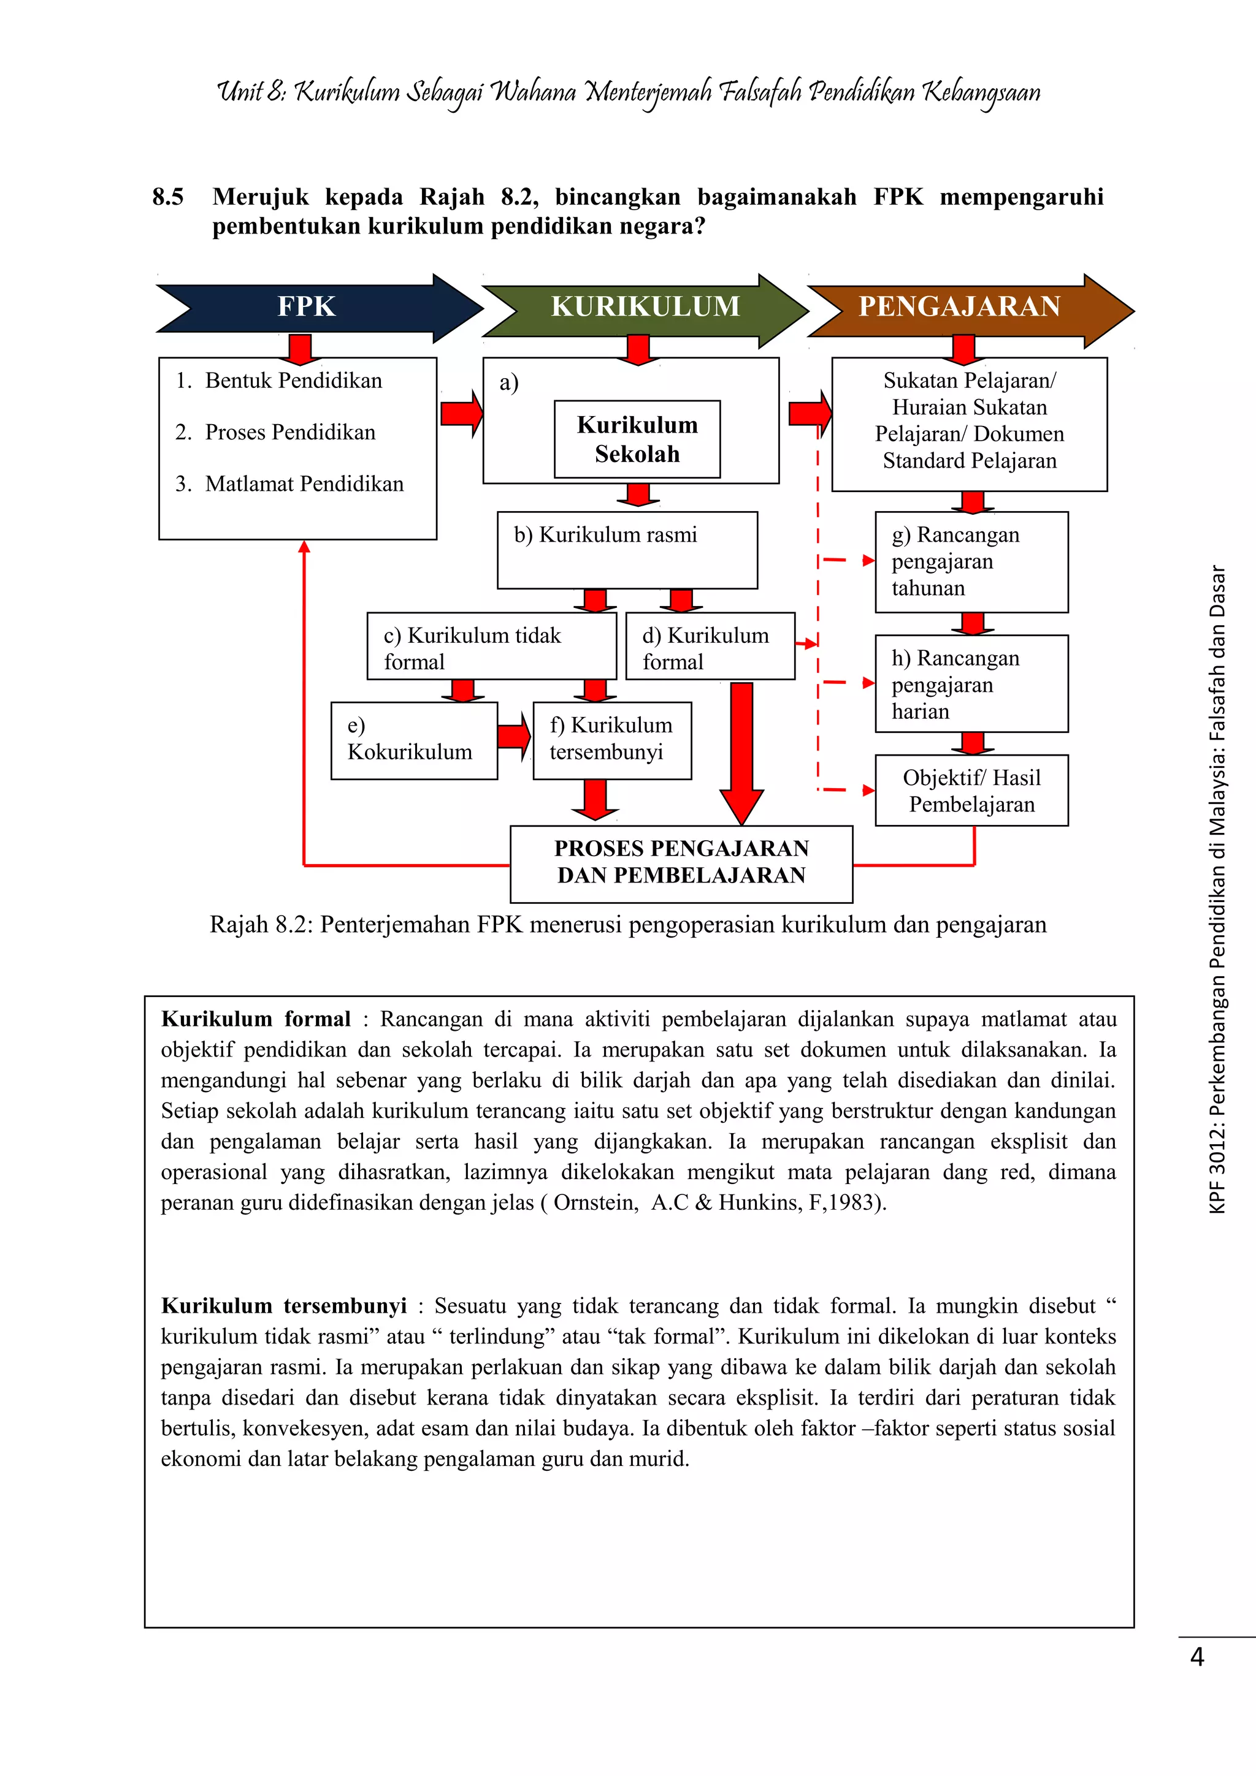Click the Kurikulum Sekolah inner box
[637, 439]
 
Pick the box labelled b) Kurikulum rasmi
[627, 550]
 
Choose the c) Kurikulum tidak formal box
[491, 646]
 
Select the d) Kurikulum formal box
[710, 646]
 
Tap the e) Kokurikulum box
[414, 740]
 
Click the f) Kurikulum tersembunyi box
[612, 740]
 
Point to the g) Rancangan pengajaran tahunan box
[971, 561]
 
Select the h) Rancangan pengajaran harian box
[971, 684]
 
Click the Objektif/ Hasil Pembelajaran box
[971, 791]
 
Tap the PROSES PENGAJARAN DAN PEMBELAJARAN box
[681, 864]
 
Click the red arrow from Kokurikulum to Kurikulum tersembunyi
[514, 737]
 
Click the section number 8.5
[168, 197]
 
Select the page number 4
[1197, 1657]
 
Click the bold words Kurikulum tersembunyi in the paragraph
[284, 1306]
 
